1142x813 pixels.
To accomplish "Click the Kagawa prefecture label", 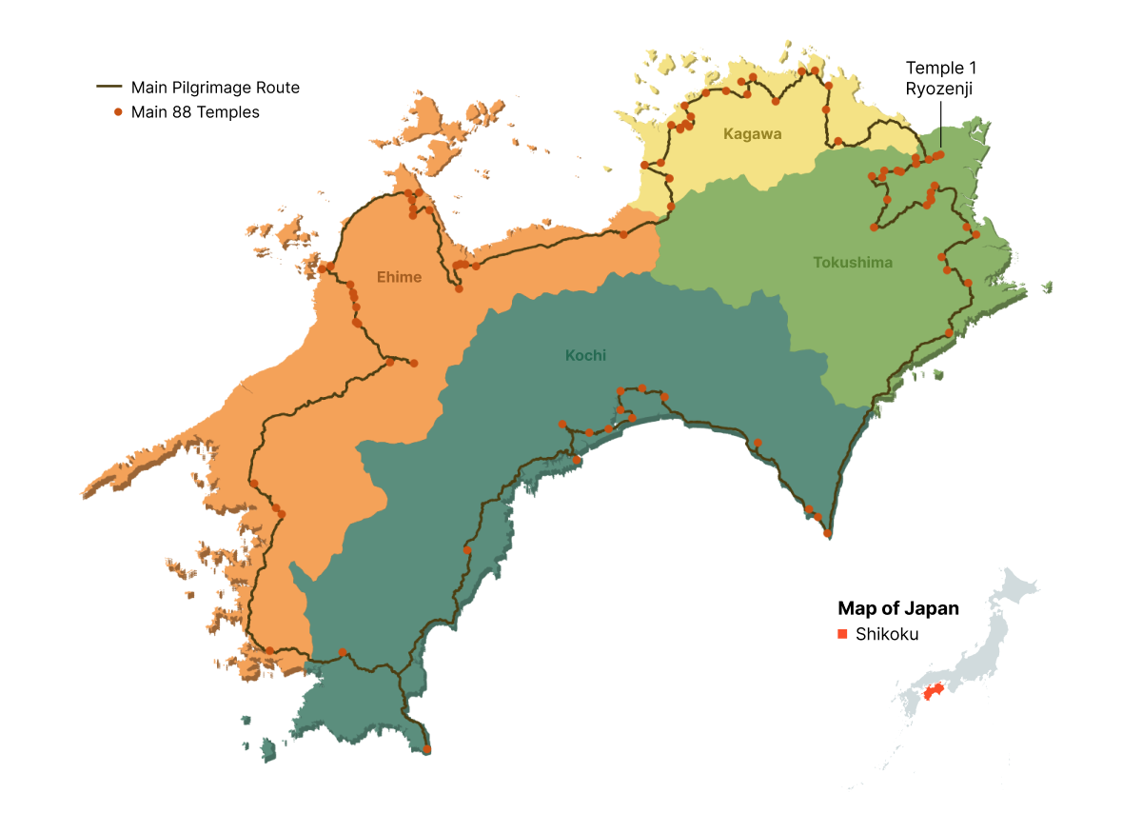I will point(752,134).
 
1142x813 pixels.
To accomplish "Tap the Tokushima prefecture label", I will point(853,263).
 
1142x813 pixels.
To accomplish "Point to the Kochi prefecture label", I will point(585,356).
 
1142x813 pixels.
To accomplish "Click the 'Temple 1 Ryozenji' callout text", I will point(940,78).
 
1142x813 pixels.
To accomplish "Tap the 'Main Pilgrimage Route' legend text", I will point(215,88).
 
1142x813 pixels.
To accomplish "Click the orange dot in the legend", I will point(118,112).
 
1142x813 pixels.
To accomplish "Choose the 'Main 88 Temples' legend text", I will point(195,112).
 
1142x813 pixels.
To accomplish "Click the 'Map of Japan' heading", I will point(897,608).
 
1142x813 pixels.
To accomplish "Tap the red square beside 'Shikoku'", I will point(842,635).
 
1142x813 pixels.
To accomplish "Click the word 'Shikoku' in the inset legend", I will point(887,635).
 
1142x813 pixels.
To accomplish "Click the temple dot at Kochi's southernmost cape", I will point(426,750).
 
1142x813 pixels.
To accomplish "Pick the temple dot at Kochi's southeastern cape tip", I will point(827,532).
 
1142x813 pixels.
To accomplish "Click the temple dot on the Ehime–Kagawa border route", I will point(623,234).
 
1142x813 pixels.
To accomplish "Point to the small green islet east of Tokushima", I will point(1047,286).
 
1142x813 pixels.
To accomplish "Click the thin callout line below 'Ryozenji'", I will point(940,124).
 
